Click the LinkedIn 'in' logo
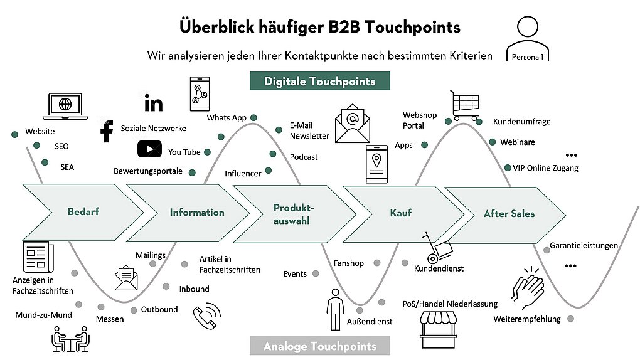pos(154,103)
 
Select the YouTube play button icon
pos(149,149)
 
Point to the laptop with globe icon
pos(65,106)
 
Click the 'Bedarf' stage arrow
pos(83,212)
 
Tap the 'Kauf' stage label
pos(400,213)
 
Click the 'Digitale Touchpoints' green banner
pos(319,81)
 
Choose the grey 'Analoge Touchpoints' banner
pos(319,346)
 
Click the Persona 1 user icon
pos(527,39)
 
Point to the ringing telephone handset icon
pos(207,315)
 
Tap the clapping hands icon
pos(528,287)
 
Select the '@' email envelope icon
pos(353,124)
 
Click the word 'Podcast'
pos(304,157)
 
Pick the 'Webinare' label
pos(518,142)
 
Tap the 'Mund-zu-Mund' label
pos(43,315)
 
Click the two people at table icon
pos(71,339)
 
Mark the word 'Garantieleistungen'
pos(584,246)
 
